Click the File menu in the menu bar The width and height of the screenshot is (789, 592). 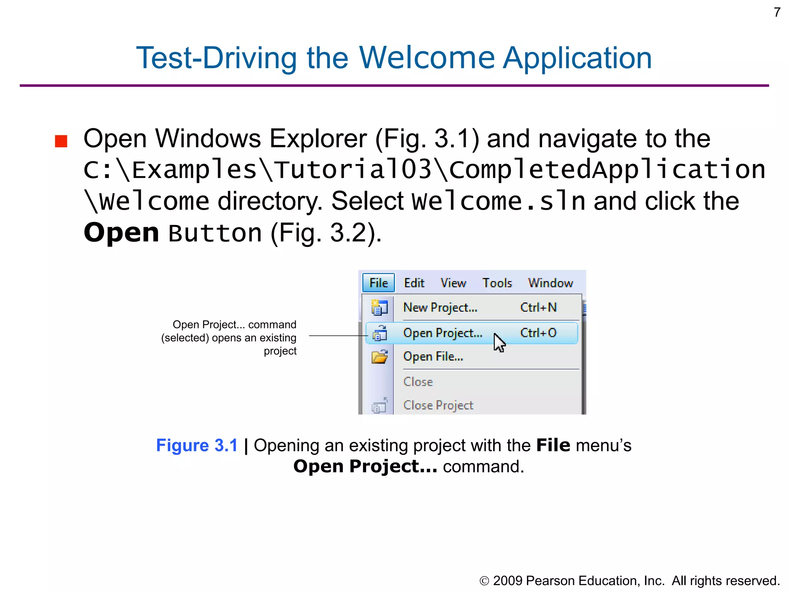[378, 283]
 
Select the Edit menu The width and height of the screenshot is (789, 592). [414, 283]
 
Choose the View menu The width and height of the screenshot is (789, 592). [453, 283]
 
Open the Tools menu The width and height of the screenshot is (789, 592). [497, 283]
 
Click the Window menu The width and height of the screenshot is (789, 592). [550, 283]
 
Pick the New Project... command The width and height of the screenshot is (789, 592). [440, 308]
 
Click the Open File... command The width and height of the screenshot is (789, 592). [433, 357]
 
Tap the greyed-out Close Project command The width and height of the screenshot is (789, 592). [438, 405]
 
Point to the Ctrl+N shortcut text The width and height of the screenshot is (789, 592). [538, 308]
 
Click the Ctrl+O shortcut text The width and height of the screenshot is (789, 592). [538, 333]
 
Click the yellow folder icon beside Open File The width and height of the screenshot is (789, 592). [379, 357]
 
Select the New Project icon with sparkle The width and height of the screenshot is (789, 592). [379, 308]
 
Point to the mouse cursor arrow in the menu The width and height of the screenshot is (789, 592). [499, 343]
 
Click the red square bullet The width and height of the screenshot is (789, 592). [61, 141]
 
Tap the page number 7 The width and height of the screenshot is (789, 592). [777, 12]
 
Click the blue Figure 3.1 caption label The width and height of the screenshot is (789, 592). [197, 446]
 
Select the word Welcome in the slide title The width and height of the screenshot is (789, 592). [427, 58]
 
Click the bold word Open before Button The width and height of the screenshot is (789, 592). [121, 233]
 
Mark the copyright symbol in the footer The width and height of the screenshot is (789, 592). [484, 581]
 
